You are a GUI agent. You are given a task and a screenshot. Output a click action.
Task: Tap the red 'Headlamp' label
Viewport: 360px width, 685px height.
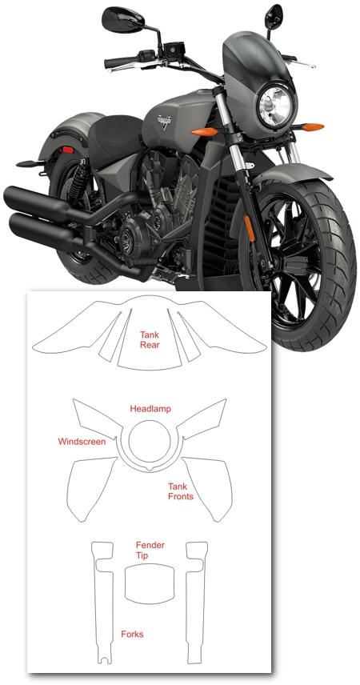click(x=150, y=409)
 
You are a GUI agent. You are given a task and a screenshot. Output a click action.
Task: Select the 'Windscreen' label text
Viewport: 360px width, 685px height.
click(x=82, y=442)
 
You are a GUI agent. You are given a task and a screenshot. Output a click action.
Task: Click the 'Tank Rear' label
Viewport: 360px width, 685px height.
click(x=150, y=339)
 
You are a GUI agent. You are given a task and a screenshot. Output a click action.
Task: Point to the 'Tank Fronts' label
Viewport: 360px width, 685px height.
click(x=181, y=491)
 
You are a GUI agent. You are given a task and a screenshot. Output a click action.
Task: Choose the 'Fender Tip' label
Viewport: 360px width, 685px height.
click(x=150, y=551)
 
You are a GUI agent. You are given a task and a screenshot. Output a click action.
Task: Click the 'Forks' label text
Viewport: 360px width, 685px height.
click(x=132, y=634)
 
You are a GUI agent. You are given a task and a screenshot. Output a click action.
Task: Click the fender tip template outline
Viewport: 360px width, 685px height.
click(x=150, y=564)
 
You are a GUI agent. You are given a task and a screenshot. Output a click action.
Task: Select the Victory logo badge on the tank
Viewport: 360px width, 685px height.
click(x=165, y=121)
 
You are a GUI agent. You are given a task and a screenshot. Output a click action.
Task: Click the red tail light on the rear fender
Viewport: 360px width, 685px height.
click(x=68, y=150)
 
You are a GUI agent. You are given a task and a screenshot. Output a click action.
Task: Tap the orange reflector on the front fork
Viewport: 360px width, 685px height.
click(x=250, y=229)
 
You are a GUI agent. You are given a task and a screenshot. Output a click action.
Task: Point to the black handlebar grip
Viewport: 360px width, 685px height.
click(x=121, y=62)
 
